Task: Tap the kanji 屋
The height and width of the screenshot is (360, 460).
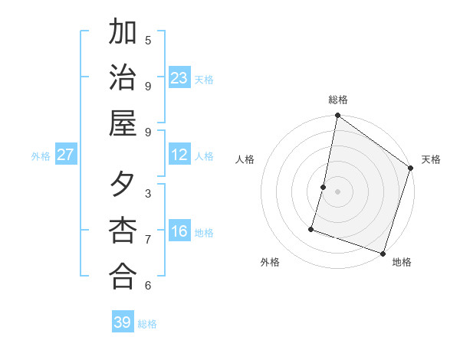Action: [x=123, y=123]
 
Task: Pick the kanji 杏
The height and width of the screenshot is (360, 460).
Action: [x=123, y=231]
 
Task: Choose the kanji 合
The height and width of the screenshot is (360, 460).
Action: [x=123, y=276]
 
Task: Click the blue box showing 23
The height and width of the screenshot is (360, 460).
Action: [x=179, y=77]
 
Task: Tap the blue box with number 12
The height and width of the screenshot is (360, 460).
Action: [x=179, y=155]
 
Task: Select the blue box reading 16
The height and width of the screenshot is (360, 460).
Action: [x=179, y=231]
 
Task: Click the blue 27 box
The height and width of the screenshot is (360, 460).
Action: [x=66, y=155]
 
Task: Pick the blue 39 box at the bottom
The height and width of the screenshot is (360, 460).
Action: [x=123, y=322]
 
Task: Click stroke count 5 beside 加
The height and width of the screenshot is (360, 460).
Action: [x=148, y=40]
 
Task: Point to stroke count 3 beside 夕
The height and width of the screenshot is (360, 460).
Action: [x=148, y=193]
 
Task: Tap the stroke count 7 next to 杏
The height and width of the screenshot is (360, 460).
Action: [x=148, y=239]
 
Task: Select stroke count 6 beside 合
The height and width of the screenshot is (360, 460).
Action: [x=148, y=285]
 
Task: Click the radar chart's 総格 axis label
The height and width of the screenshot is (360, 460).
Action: [x=337, y=100]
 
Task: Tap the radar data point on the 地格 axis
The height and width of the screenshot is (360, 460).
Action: [x=383, y=253]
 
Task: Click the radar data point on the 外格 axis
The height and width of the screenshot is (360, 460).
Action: [x=311, y=228]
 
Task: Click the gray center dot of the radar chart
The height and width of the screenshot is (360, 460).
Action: [x=337, y=191]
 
